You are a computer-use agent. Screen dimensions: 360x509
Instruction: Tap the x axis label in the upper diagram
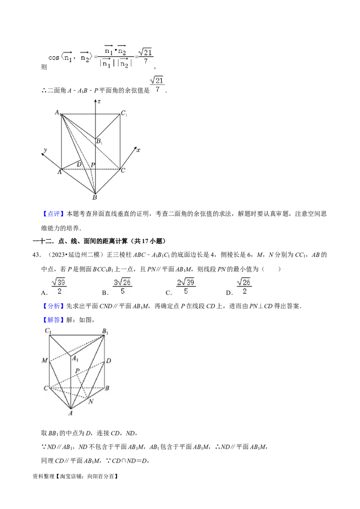click(138, 150)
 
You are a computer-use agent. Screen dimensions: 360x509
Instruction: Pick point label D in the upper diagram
click(79, 165)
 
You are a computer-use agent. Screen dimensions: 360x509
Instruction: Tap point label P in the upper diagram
click(93, 165)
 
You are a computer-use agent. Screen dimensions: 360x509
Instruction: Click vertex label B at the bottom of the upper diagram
click(94, 196)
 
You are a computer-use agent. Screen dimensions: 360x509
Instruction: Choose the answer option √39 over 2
click(59, 286)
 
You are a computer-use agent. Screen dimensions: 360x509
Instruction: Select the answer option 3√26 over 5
click(122, 286)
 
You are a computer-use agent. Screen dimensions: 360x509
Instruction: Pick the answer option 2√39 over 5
click(185, 286)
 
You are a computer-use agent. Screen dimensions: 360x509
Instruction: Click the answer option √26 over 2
click(244, 286)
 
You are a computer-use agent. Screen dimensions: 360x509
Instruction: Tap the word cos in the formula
click(54, 58)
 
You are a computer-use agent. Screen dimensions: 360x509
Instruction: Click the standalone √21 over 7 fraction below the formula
click(157, 85)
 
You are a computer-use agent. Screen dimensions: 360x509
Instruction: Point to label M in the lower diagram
click(45, 361)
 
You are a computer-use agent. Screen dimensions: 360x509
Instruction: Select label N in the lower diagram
click(91, 401)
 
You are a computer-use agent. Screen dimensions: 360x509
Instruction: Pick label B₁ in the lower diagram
click(106, 332)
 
